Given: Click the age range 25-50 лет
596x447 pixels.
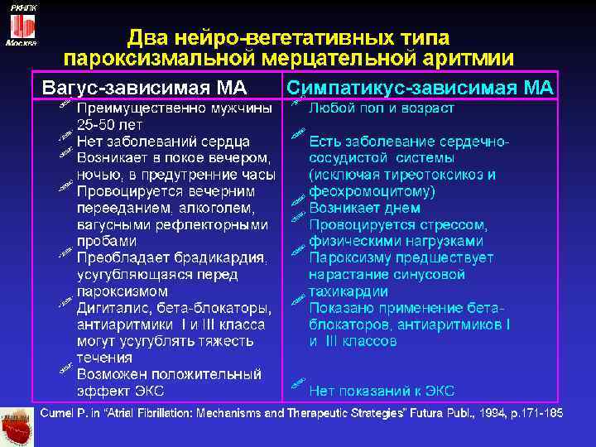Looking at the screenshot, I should coord(109,125).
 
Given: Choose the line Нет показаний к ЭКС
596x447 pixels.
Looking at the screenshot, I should coord(382,391).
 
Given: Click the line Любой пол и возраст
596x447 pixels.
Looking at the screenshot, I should coord(382,108).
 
